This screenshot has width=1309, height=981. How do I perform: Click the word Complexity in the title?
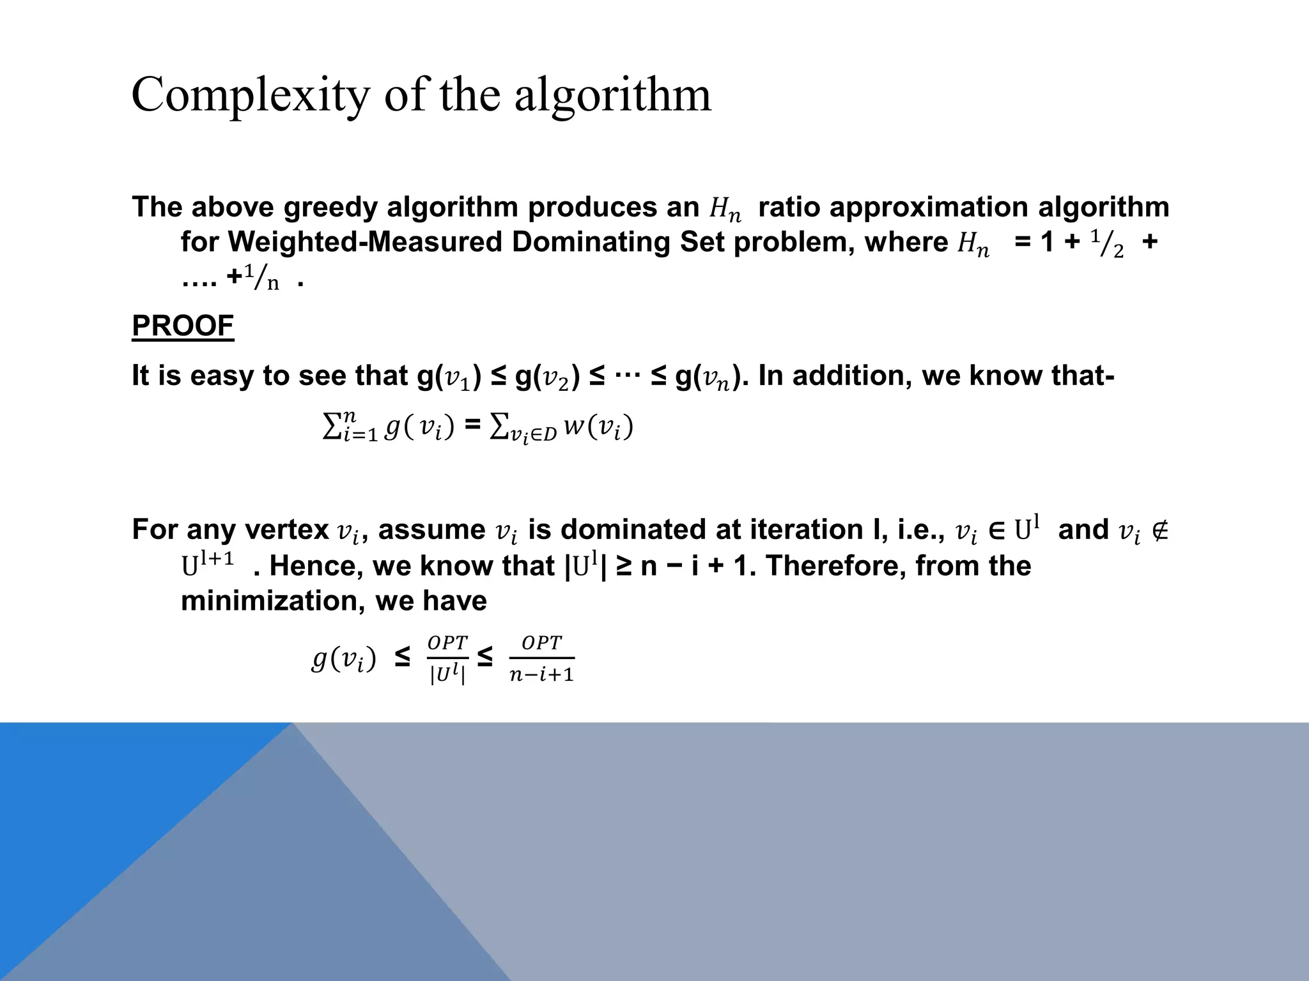(250, 95)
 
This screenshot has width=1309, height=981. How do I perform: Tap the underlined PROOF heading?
(183, 326)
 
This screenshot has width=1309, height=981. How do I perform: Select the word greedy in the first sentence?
(332, 207)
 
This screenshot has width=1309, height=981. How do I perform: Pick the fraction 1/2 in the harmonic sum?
(1107, 244)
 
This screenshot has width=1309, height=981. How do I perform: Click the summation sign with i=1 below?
(350, 426)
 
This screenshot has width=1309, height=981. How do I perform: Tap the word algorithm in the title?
(612, 95)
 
